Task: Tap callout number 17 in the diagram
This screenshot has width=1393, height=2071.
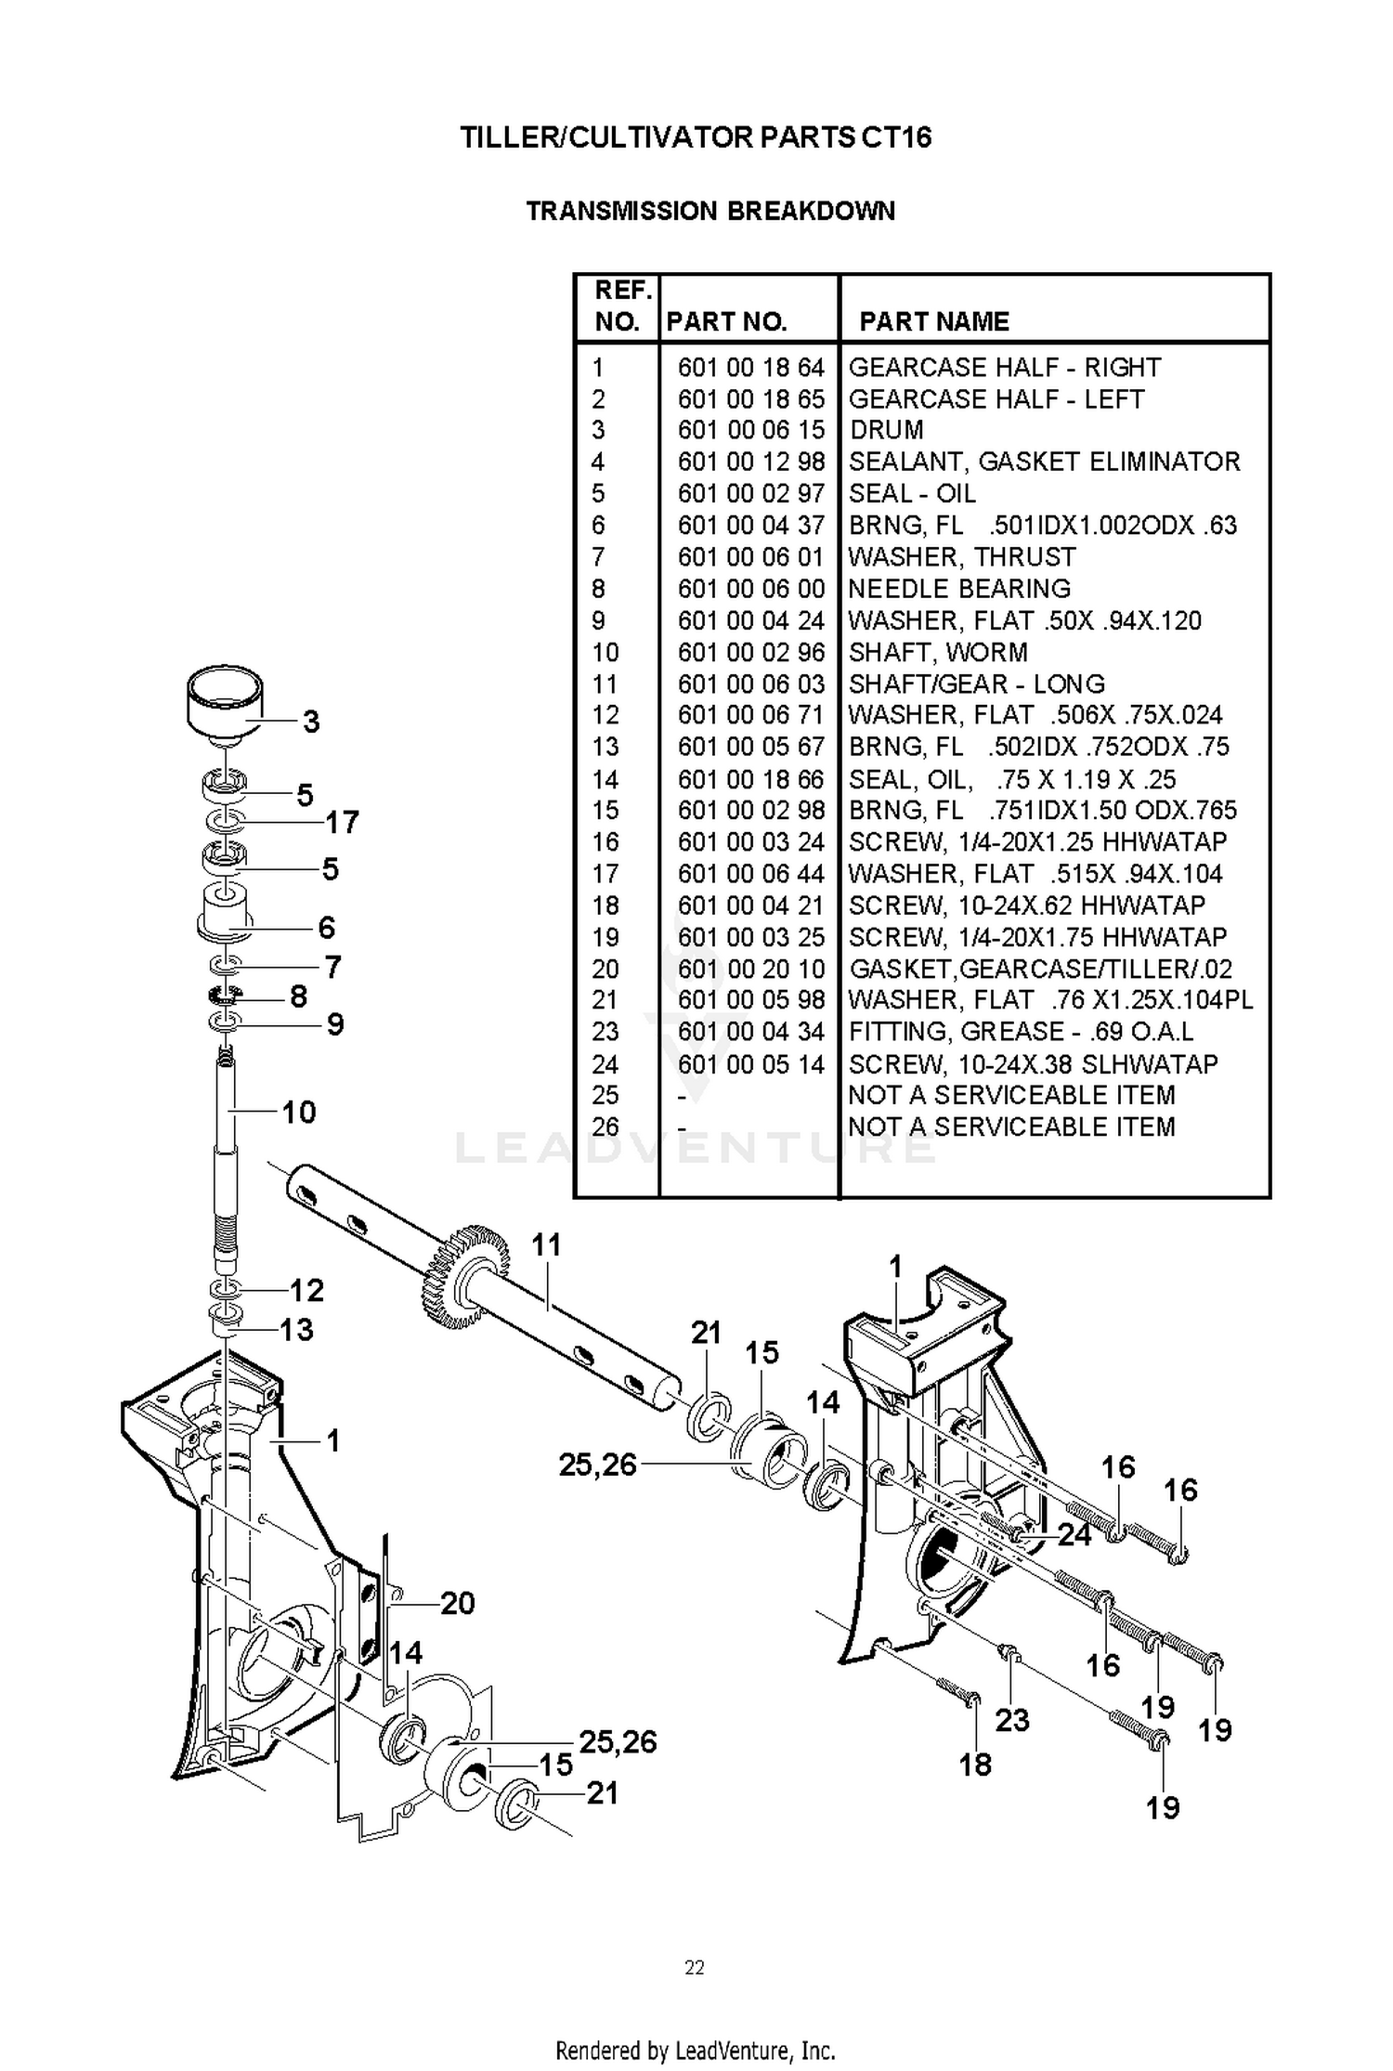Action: click(342, 822)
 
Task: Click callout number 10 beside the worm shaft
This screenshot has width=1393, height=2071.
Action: click(299, 1112)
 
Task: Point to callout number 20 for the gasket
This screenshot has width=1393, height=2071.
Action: click(457, 1603)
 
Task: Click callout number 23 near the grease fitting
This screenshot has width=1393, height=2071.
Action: click(1012, 1720)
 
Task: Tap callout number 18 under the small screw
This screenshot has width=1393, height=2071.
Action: click(975, 1765)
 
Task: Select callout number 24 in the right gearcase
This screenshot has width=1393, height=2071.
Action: click(1074, 1534)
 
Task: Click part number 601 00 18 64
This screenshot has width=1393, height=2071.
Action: click(750, 368)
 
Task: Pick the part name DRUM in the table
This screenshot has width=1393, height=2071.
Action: click(887, 430)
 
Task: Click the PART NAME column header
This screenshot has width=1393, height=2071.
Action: click(934, 321)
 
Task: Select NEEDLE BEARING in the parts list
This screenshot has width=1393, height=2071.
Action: click(959, 589)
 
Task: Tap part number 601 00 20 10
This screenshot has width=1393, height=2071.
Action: click(750, 970)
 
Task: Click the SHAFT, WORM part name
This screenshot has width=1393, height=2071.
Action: click(938, 652)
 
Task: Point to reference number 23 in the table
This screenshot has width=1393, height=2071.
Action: click(605, 1032)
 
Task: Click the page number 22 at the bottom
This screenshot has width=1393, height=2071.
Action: click(695, 1967)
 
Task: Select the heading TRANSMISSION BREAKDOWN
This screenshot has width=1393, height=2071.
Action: click(710, 211)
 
